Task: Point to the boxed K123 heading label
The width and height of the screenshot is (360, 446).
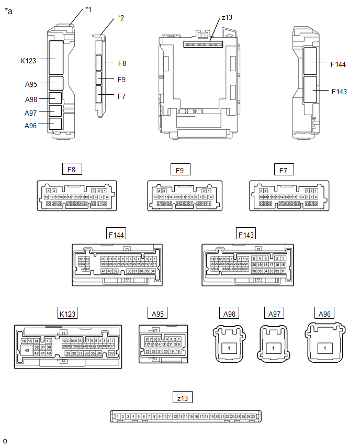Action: click(x=67, y=314)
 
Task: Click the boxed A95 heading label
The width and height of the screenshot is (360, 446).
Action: click(x=157, y=314)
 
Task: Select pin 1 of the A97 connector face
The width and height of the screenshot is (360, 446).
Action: click(x=273, y=348)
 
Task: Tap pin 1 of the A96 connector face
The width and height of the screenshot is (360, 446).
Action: click(x=325, y=348)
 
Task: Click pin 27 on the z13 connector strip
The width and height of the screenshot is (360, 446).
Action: click(x=254, y=417)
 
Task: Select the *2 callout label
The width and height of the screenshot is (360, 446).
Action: click(x=121, y=18)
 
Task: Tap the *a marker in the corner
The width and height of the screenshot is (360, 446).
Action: click(x=8, y=10)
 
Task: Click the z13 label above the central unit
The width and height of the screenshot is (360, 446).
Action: click(x=227, y=17)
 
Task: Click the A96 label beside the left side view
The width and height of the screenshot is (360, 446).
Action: click(x=31, y=126)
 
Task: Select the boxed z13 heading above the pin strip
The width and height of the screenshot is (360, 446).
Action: click(x=182, y=398)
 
